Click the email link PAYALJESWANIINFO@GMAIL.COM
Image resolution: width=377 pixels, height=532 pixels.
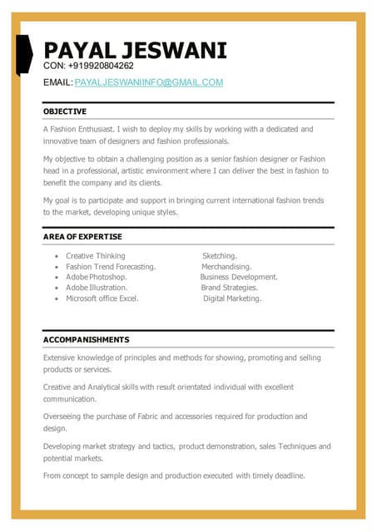pyautogui.click(x=149, y=82)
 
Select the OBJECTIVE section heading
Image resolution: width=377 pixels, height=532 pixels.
pyautogui.click(x=65, y=111)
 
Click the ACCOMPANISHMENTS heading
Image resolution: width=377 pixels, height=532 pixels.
pyautogui.click(x=86, y=340)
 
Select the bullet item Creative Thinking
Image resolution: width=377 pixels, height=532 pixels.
pyautogui.click(x=96, y=256)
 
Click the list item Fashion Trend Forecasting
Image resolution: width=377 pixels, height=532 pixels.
pyautogui.click(x=111, y=267)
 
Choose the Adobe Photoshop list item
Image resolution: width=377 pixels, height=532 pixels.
pyautogui.click(x=97, y=277)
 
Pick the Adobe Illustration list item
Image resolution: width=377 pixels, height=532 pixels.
pyautogui.click(x=97, y=288)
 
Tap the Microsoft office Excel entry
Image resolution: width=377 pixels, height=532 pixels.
pyautogui.click(x=102, y=298)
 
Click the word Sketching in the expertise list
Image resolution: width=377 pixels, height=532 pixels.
pyautogui.click(x=220, y=256)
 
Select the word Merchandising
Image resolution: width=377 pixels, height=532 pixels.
pyautogui.click(x=226, y=267)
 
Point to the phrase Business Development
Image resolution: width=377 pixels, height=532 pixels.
pyautogui.click(x=239, y=277)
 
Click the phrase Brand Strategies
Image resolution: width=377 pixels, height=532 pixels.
pyautogui.click(x=229, y=288)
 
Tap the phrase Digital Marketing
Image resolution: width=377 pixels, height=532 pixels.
pyautogui.click(x=232, y=298)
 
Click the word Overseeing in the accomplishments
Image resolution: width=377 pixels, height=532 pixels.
pyautogui.click(x=65, y=416)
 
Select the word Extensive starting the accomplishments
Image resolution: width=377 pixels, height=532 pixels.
pyautogui.click(x=62, y=357)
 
